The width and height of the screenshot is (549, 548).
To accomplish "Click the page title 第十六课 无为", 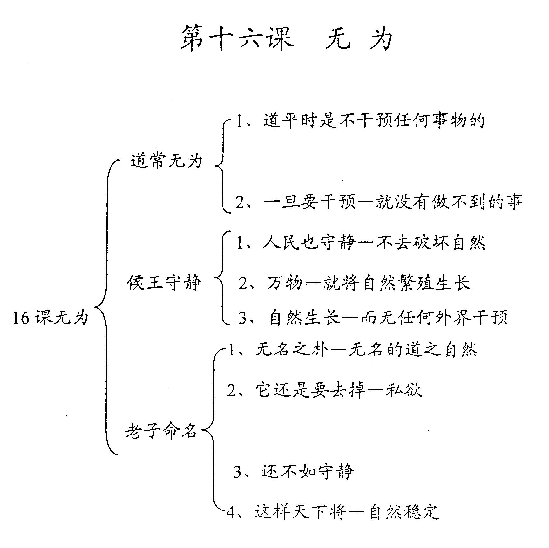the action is click(287, 38).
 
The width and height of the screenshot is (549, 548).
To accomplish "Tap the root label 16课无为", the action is click(50, 317).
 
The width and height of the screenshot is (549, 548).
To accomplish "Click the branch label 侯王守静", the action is click(165, 282).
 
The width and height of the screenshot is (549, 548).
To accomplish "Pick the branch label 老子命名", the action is click(161, 431).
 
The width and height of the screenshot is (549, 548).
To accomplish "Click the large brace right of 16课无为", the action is click(106, 307).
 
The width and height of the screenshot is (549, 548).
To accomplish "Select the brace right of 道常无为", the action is click(222, 166).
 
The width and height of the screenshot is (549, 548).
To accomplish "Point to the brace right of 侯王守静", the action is click(221, 277).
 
